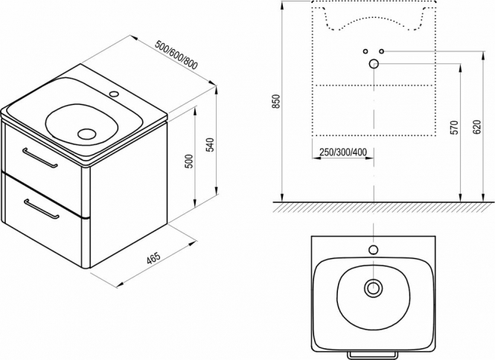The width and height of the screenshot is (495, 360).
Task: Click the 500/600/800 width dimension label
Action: tap(176, 55)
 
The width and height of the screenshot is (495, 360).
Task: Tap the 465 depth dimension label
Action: tap(154, 258)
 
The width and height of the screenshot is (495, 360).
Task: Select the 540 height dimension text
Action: tap(210, 144)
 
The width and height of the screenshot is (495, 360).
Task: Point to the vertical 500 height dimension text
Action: tap(188, 161)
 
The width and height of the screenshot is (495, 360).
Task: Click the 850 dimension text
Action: tap(276, 102)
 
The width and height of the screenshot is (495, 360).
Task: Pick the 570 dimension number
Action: tap(453, 127)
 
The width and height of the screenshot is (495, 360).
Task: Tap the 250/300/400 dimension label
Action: tap(343, 152)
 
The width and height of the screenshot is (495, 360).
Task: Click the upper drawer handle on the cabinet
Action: tap(39, 157)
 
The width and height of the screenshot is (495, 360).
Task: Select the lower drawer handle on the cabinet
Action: tap(42, 208)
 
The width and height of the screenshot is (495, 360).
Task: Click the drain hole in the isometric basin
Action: tap(86, 134)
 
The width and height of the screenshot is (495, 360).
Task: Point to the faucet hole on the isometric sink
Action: tap(114, 94)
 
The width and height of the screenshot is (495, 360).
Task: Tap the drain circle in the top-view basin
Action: tap(374, 287)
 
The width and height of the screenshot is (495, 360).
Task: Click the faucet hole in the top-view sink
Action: tap(374, 250)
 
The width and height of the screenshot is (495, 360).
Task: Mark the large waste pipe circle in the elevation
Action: tap(374, 64)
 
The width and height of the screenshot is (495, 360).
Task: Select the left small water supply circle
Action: tap(365, 51)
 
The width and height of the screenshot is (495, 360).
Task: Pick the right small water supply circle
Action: tap(382, 51)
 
